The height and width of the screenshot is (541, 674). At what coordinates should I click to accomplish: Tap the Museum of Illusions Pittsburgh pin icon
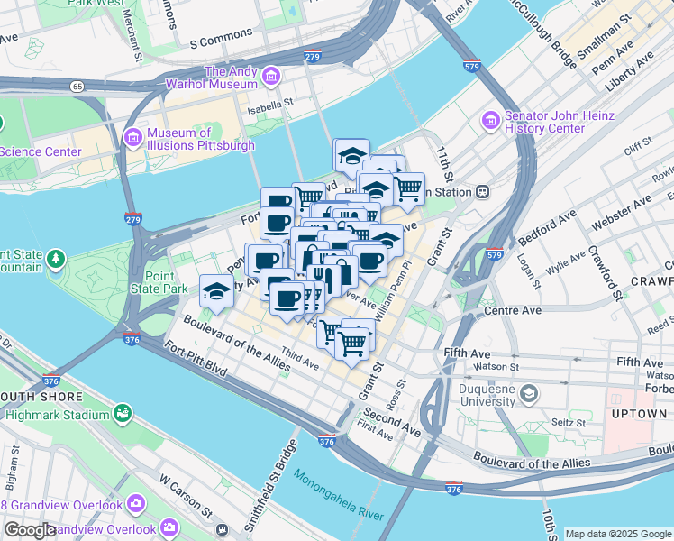[133, 136]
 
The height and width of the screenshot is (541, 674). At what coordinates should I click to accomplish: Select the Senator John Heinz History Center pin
[491, 119]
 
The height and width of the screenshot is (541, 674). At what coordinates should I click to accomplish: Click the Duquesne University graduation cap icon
[528, 393]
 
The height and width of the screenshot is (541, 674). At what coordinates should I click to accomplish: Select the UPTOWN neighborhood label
[638, 414]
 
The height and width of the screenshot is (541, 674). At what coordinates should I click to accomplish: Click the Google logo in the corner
[30, 530]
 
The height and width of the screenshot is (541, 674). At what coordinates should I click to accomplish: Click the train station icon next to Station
[484, 191]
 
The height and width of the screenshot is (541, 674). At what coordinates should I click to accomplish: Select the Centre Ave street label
[513, 310]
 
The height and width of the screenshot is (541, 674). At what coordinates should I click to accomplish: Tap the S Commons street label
[220, 42]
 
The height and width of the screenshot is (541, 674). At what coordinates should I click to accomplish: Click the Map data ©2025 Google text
[617, 534]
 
